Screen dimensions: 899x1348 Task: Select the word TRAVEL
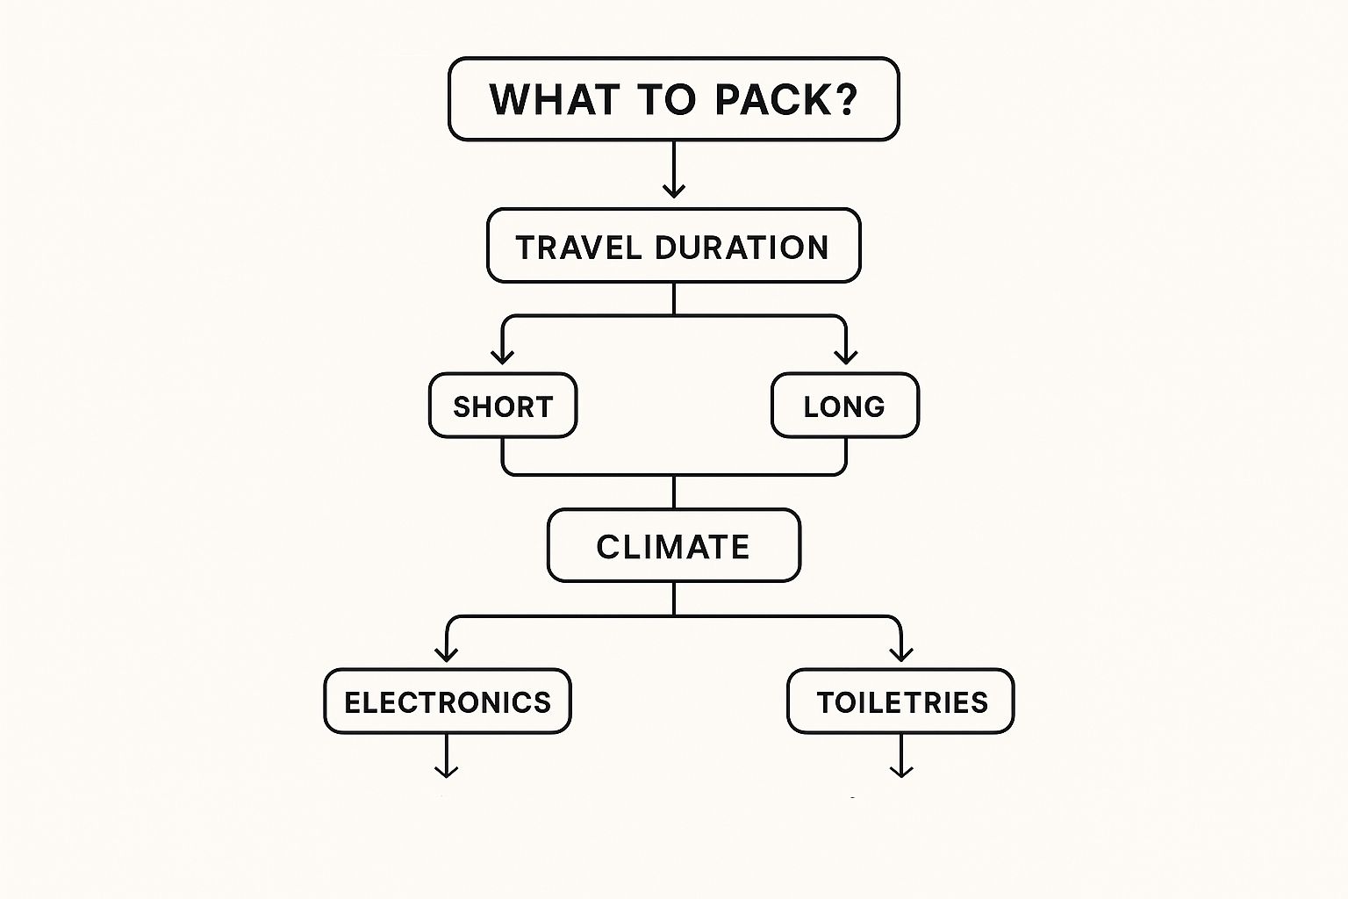[578, 248]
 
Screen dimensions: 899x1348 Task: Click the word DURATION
[742, 248]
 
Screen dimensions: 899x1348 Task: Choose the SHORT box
[503, 406]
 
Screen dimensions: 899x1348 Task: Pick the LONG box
[844, 406]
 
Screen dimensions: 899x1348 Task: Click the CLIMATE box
[673, 546]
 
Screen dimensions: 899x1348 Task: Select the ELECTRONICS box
[448, 701]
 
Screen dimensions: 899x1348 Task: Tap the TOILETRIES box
[901, 701]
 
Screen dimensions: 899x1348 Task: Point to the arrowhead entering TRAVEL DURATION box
[673, 191]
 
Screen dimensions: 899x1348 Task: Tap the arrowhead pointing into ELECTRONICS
[447, 654]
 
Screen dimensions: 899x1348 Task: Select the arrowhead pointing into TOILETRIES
[901, 654]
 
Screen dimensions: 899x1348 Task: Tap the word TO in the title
[670, 99]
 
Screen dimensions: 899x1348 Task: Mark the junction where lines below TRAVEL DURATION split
[673, 315]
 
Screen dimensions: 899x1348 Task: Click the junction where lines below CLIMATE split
[673, 616]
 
